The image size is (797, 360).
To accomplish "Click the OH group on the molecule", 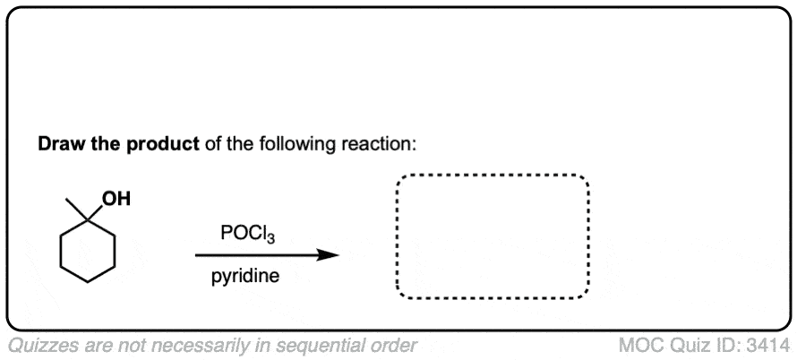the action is click(116, 198).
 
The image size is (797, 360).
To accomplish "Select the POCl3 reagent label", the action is click(248, 234).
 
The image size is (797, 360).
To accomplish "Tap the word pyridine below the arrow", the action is click(245, 277).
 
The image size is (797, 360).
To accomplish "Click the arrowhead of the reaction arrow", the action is click(328, 255).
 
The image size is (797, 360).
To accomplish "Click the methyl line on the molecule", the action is click(76, 209).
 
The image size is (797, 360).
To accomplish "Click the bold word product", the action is click(163, 145).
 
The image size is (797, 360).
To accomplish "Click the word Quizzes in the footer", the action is click(42, 346).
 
